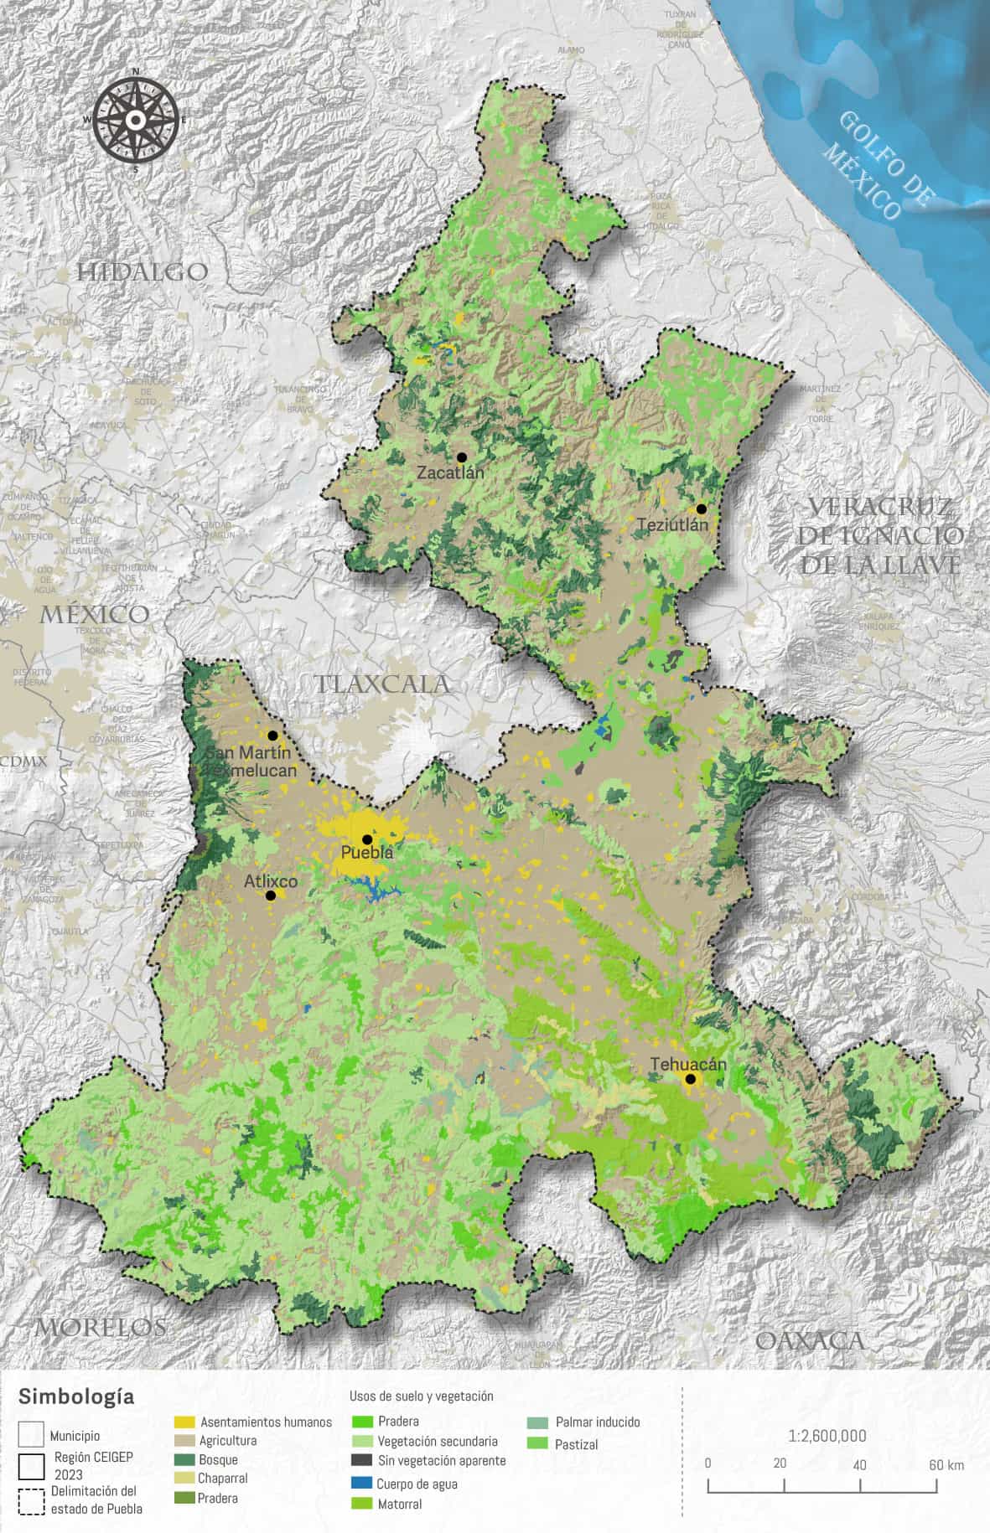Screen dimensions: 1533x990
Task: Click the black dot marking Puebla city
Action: (366, 839)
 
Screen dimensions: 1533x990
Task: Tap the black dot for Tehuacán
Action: (690, 1079)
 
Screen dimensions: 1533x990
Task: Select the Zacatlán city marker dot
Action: (461, 457)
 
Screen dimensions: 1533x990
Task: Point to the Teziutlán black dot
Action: (701, 508)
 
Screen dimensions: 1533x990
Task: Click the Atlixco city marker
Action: (271, 896)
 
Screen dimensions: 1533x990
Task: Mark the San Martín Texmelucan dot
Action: (272, 736)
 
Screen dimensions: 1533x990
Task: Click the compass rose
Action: (135, 120)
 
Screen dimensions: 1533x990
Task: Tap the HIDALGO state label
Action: (142, 271)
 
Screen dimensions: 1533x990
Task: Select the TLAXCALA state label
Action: (382, 684)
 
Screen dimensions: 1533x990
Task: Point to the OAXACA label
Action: (809, 1341)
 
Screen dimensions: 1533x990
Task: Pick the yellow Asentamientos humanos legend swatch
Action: (184, 1422)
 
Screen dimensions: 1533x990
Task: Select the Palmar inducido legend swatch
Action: (538, 1422)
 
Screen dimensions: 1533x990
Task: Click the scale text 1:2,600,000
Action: (827, 1436)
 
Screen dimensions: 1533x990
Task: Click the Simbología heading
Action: (76, 1396)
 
